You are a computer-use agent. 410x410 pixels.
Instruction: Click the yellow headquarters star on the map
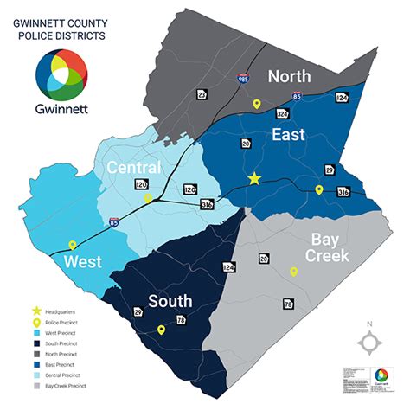pyautogui.click(x=254, y=178)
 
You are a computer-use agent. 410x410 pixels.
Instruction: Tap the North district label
pyautogui.click(x=289, y=76)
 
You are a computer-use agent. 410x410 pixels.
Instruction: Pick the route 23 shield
pyautogui.click(x=202, y=94)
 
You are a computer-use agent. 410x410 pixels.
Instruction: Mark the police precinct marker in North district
pyautogui.click(x=256, y=104)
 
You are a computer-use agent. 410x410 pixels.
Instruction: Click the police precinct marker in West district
pyautogui.click(x=73, y=246)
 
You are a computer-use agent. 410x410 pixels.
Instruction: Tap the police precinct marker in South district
pyautogui.click(x=161, y=330)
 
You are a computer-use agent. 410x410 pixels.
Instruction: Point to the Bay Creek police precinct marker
pyautogui.click(x=293, y=272)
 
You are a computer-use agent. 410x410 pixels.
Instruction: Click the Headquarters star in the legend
pyautogui.click(x=36, y=310)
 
